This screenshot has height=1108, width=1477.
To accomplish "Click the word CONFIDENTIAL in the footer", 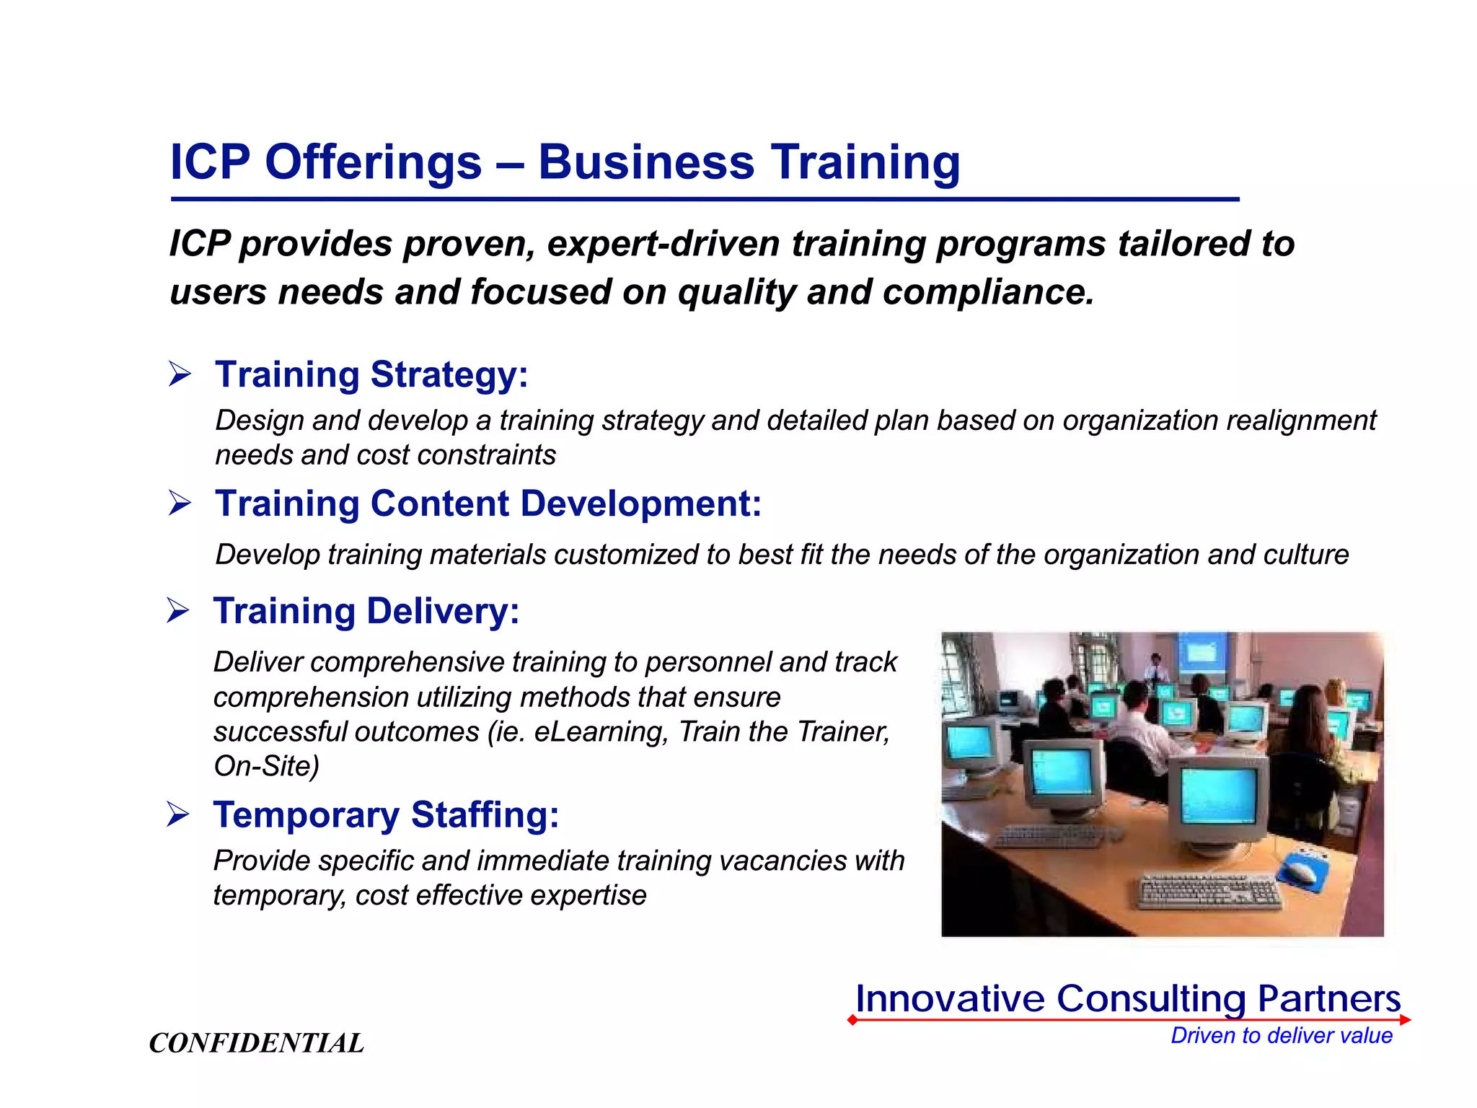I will click(256, 1043).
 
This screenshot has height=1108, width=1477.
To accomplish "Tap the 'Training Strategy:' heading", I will click(371, 374).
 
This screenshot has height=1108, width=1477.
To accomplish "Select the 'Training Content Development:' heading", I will click(488, 504).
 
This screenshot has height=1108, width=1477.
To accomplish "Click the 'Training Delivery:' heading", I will click(366, 611).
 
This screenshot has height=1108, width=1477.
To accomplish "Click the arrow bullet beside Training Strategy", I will click(180, 374).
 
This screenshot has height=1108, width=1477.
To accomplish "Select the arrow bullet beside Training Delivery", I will click(177, 611).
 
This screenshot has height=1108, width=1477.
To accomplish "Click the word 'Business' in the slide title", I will click(646, 162).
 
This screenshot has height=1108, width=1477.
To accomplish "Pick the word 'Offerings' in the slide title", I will click(373, 162).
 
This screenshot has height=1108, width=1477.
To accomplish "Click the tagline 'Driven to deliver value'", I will click(1281, 1036).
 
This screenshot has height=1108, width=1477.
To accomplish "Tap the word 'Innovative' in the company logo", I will click(950, 999).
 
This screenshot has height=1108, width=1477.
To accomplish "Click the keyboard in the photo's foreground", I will click(1209, 892).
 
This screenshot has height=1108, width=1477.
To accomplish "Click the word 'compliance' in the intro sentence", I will click(988, 292).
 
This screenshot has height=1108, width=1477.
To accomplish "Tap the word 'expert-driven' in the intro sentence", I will click(663, 244).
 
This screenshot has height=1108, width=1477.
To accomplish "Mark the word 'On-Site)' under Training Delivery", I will click(266, 766).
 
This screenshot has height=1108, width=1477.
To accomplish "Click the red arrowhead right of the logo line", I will click(1405, 1020).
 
